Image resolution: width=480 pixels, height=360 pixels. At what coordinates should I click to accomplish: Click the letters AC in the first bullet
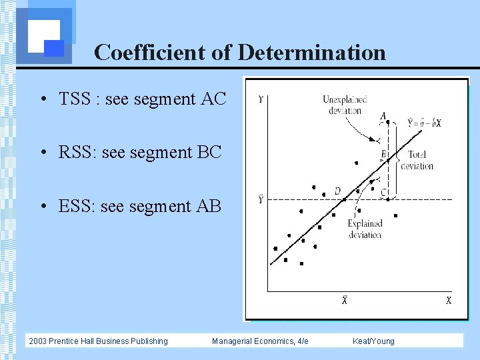(x=213, y=99)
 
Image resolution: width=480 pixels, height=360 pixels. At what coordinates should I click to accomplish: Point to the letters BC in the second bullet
(x=209, y=153)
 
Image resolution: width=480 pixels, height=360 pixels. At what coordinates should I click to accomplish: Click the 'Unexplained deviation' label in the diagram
(x=345, y=105)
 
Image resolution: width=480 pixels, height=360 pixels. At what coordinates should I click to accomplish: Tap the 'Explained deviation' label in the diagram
(x=365, y=229)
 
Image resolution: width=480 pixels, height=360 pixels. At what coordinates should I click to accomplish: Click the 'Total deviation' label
(x=417, y=161)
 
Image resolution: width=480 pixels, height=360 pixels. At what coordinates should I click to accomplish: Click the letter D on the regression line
(x=337, y=191)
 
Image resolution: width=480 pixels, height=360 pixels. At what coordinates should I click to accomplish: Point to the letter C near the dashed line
(x=383, y=193)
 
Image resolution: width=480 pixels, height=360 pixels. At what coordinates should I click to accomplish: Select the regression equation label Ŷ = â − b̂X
(x=424, y=123)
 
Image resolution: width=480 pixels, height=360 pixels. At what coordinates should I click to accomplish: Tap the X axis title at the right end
(x=448, y=301)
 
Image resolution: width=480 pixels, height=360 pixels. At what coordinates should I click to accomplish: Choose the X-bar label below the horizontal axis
(x=345, y=300)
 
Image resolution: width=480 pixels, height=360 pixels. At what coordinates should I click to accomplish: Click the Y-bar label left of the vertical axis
(x=260, y=199)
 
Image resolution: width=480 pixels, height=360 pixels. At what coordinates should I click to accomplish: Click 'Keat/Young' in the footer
(x=373, y=341)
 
